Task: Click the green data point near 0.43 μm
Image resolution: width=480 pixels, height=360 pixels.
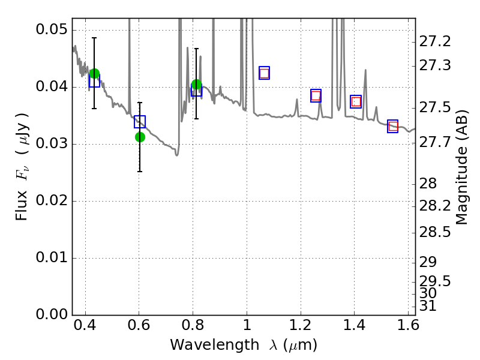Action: pyautogui.click(x=94, y=74)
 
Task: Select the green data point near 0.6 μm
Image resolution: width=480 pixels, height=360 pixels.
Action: pyautogui.click(x=140, y=137)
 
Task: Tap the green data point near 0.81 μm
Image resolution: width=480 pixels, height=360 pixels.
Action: pyautogui.click(x=196, y=85)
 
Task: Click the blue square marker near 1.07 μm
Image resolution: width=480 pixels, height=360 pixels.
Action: pyautogui.click(x=264, y=73)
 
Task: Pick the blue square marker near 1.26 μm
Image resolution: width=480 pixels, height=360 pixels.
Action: pyautogui.click(x=316, y=95)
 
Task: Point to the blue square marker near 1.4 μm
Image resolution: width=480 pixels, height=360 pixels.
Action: pyautogui.click(x=356, y=101)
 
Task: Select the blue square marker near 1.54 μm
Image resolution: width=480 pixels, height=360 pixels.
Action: pyautogui.click(x=393, y=126)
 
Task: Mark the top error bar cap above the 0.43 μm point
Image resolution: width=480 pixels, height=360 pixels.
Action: pyautogui.click(x=94, y=38)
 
